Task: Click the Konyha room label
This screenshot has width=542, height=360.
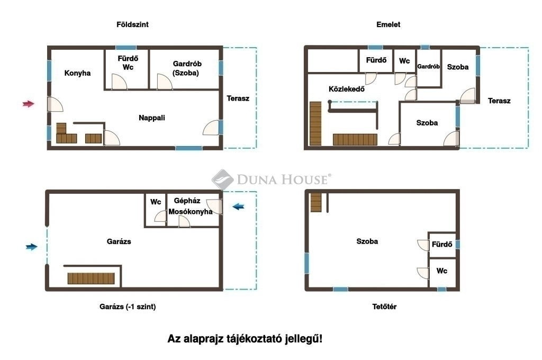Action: [x=77, y=73]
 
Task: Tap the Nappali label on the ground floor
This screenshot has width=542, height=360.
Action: [x=152, y=118]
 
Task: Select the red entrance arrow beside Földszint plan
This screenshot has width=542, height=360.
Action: [x=29, y=103]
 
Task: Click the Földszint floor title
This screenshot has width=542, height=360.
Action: [x=132, y=24]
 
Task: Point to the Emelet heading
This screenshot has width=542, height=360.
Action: [x=388, y=24]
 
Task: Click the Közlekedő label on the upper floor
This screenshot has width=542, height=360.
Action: [x=346, y=89]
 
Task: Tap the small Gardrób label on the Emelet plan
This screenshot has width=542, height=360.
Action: [x=428, y=66]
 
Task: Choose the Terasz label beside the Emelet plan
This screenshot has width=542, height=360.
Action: [x=499, y=101]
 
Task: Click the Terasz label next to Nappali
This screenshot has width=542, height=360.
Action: [x=238, y=98]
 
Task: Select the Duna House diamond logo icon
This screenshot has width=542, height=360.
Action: [x=223, y=179]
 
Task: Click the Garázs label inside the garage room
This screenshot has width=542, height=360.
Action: [x=119, y=241]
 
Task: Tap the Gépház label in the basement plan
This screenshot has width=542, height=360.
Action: [x=187, y=201]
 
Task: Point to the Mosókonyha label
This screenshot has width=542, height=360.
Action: [x=191, y=212]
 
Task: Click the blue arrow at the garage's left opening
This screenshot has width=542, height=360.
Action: [x=31, y=247]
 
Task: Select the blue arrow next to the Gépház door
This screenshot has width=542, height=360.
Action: [x=239, y=206]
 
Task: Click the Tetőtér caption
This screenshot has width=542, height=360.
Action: [x=384, y=307]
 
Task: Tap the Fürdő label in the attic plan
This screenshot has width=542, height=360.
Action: [x=442, y=244]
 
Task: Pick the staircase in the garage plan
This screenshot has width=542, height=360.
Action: [x=91, y=278]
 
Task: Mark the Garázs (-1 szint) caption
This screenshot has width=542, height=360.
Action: [x=128, y=307]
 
